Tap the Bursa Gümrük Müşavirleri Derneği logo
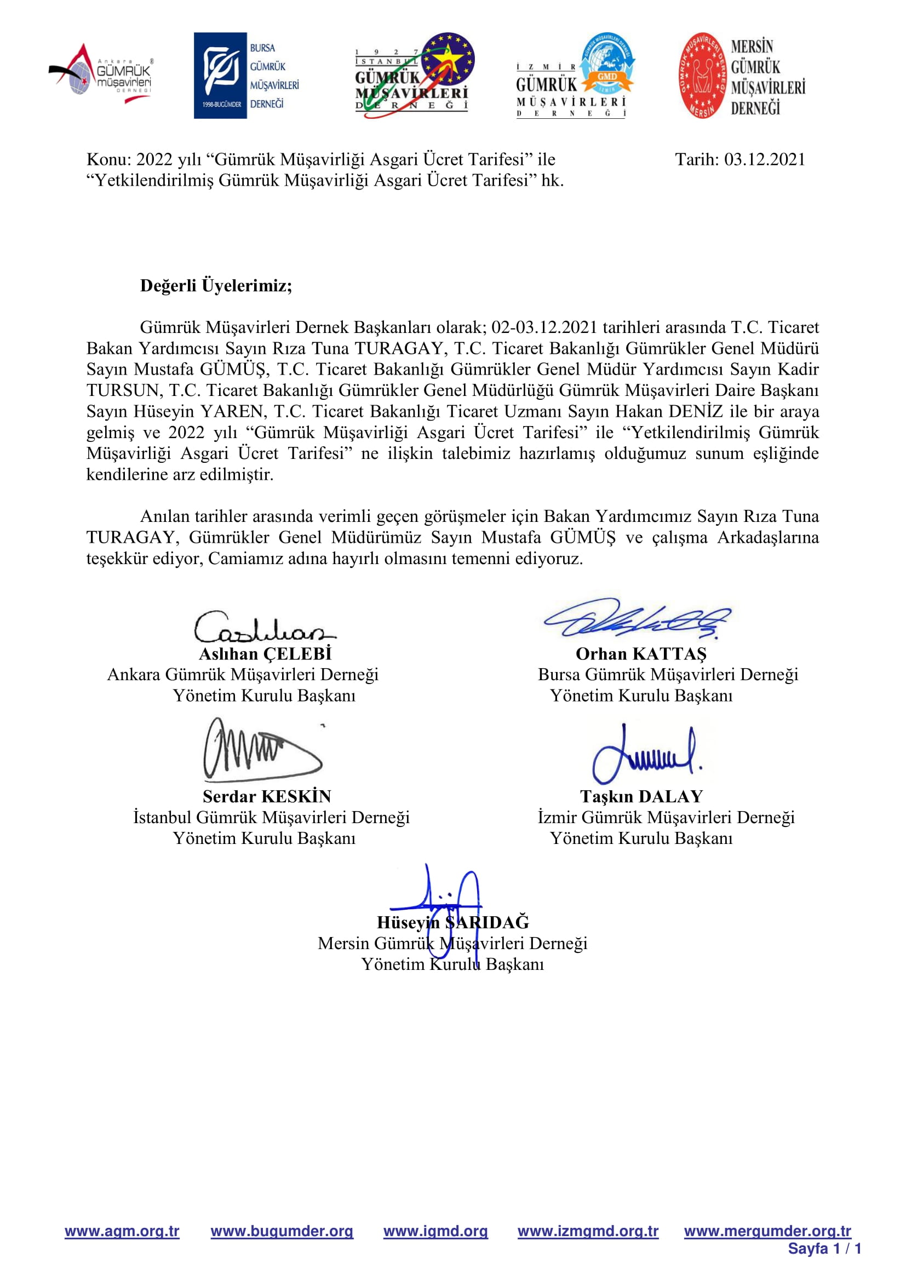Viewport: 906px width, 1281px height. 246,76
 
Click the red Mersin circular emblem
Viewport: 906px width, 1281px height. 703,76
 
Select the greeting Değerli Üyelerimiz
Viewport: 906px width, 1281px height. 216,286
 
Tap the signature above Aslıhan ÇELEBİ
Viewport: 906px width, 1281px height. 263,627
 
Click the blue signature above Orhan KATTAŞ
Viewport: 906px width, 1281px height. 637,619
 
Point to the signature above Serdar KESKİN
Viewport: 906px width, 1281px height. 261,749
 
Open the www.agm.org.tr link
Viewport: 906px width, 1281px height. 122,1231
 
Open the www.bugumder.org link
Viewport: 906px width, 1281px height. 282,1231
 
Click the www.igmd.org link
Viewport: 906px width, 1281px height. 435,1231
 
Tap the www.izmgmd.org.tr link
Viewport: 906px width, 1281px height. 588,1231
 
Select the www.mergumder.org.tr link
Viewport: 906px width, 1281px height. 767,1231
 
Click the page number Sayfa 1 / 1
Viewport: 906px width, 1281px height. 824,1249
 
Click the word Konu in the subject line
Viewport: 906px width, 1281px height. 108,159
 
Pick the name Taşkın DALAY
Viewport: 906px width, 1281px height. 641,796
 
